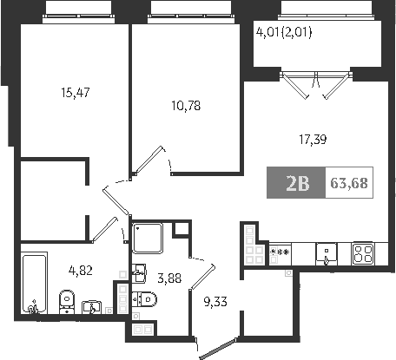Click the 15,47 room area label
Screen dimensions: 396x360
(x=76, y=93)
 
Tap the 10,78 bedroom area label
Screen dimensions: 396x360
(x=186, y=106)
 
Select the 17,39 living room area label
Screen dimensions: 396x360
(x=313, y=140)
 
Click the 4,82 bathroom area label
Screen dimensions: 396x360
(x=81, y=271)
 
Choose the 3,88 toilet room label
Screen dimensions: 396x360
(x=169, y=278)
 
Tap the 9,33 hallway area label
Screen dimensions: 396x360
(x=215, y=302)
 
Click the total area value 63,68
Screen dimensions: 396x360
(x=349, y=183)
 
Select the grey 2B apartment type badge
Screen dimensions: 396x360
(x=296, y=183)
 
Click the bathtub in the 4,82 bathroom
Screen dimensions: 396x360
(x=34, y=283)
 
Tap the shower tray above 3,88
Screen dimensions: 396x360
(x=147, y=238)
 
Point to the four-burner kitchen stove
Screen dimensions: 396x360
(x=363, y=254)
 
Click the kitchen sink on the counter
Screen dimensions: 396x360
(x=327, y=254)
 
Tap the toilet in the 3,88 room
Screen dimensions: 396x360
(x=144, y=299)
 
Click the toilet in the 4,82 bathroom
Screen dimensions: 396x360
(x=67, y=302)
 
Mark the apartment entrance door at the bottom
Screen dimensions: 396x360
(x=217, y=349)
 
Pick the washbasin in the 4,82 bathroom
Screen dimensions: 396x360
(x=91, y=307)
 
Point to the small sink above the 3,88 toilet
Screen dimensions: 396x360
(x=139, y=272)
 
